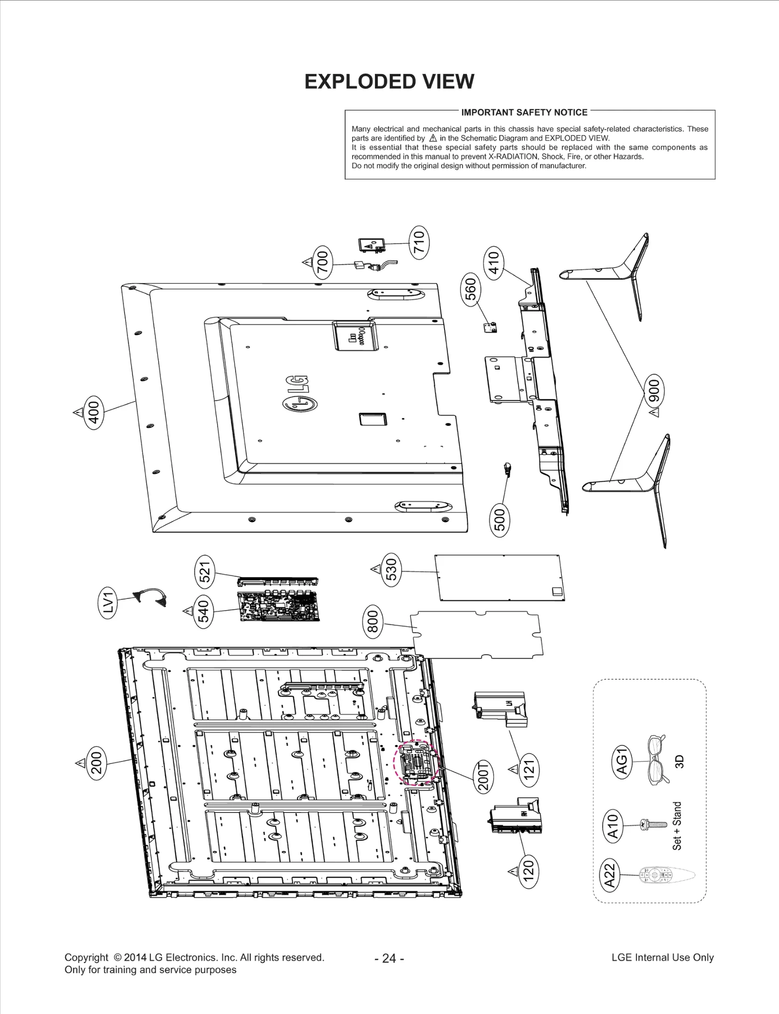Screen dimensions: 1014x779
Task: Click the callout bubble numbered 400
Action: click(x=93, y=412)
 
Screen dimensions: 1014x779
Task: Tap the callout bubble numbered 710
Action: click(x=419, y=242)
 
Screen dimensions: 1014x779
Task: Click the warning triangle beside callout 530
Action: click(x=375, y=568)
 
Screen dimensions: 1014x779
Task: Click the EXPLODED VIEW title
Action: click(x=389, y=82)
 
